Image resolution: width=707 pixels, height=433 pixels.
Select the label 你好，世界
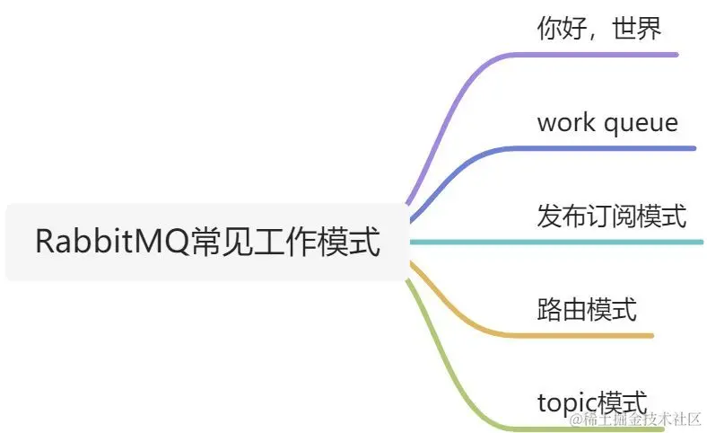click(x=598, y=29)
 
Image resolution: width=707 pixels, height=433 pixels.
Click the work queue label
click(x=607, y=122)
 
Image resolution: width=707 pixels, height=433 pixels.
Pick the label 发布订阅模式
click(x=611, y=216)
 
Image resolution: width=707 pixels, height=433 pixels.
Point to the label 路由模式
click(x=587, y=310)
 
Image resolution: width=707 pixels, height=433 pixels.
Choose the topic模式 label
click(x=592, y=403)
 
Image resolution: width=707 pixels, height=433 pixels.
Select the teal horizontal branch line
click(x=556, y=242)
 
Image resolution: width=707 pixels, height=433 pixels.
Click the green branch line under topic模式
click(x=538, y=429)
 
